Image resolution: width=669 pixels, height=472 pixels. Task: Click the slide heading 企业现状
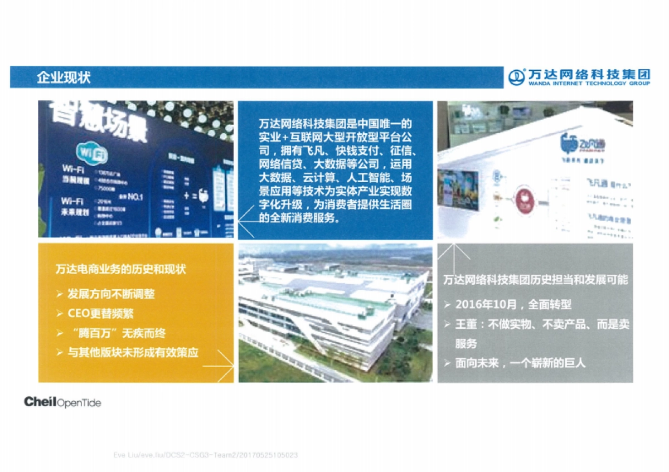tap(64, 77)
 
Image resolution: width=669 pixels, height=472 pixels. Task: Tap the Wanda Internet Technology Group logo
tap(580, 77)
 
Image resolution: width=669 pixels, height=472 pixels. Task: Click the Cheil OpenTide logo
tap(62, 402)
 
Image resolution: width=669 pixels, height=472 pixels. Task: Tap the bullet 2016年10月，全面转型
tap(513, 305)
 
